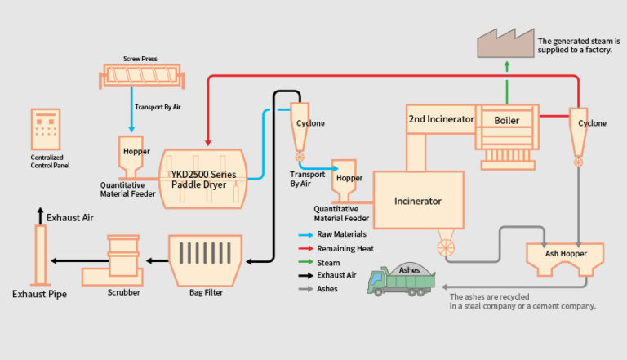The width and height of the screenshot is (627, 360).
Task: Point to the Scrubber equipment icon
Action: (x=123, y=258)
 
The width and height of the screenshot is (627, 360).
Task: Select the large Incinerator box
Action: (x=418, y=200)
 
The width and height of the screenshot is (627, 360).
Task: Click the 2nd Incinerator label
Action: (x=441, y=119)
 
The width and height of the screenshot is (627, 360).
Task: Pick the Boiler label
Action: (x=506, y=119)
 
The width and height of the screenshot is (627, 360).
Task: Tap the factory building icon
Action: (x=502, y=42)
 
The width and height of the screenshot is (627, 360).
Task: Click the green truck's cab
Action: (x=377, y=281)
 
